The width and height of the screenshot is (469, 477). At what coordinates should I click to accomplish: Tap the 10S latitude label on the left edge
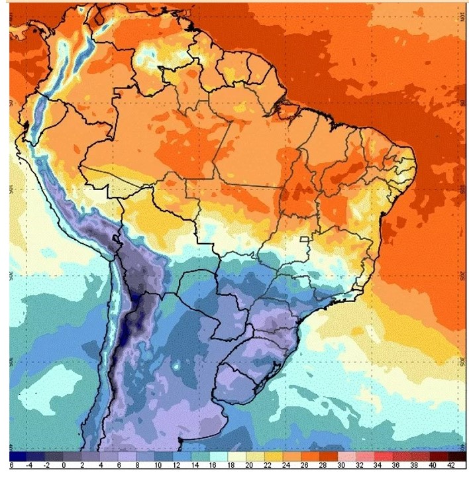coord(13,189)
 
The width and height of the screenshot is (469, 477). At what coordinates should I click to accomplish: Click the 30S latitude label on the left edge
coord(13,363)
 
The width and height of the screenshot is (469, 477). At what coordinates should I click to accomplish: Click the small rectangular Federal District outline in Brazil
coord(305,240)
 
